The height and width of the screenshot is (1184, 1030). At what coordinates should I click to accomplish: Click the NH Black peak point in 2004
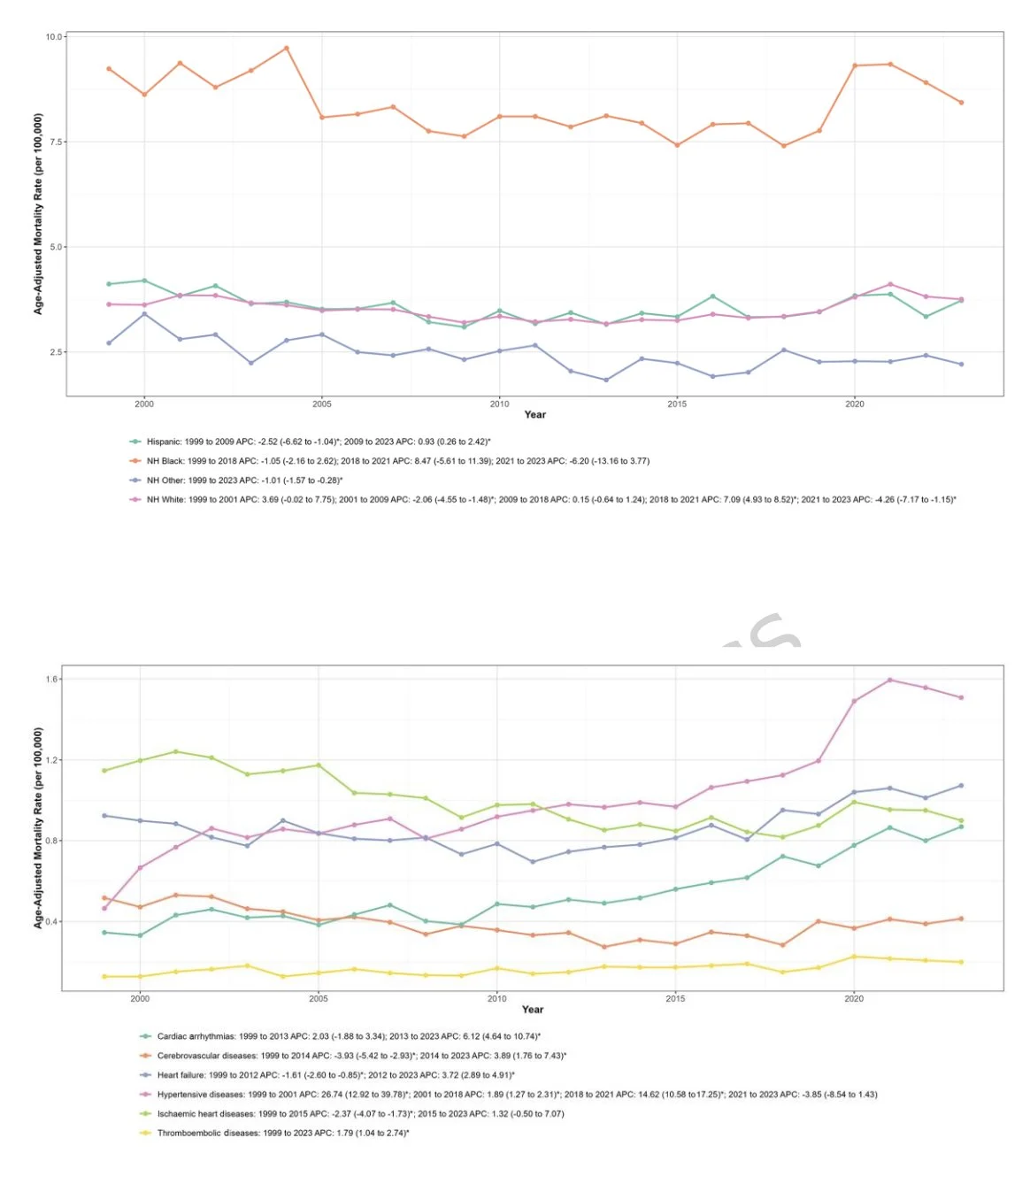(x=286, y=48)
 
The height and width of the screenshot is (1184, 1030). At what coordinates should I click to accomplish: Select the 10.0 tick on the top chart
(x=54, y=37)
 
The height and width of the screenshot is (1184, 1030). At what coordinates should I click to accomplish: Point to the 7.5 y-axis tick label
(x=56, y=142)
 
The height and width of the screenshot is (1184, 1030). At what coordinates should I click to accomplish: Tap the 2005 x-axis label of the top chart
(x=322, y=404)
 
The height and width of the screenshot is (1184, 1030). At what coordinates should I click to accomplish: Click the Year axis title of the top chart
(x=535, y=415)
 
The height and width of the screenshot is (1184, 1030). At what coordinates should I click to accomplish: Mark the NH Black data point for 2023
(x=961, y=103)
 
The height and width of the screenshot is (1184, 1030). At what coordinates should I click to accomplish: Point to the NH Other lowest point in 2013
(x=606, y=381)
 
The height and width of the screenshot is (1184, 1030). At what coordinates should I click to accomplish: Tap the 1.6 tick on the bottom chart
(x=51, y=680)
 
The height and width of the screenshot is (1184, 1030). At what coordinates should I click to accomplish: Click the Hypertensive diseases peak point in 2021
(x=889, y=680)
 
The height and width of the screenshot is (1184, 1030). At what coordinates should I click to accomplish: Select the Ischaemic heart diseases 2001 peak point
(x=176, y=752)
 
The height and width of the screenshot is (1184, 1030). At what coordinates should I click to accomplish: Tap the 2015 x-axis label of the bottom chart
(x=675, y=999)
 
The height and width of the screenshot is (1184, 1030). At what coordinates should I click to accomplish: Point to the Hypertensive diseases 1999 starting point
(x=104, y=909)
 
